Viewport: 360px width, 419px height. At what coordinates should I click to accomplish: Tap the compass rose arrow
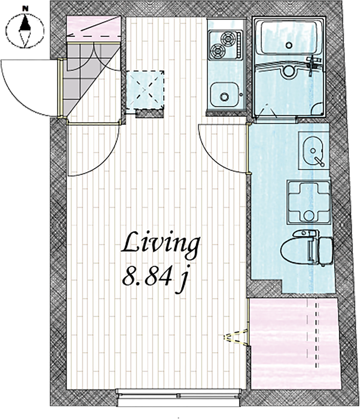(x=25, y=30)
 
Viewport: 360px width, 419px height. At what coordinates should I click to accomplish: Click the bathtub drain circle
(x=289, y=45)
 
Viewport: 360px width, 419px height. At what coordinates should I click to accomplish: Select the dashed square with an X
(x=145, y=90)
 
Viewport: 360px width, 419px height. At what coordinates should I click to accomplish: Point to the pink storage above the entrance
(x=93, y=28)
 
